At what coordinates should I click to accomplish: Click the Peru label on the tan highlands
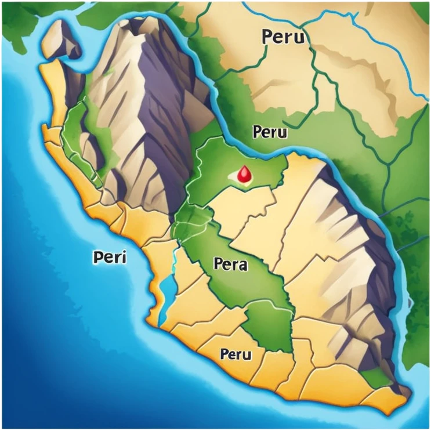[283, 37]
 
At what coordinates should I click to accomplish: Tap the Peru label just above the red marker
[270, 132]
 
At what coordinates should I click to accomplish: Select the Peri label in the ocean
[108, 257]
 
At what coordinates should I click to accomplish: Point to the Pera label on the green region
[230, 265]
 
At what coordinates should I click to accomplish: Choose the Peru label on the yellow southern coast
[236, 354]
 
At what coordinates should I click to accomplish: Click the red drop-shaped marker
[245, 172]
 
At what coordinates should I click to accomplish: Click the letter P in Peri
[97, 257]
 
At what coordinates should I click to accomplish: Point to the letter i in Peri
[124, 256]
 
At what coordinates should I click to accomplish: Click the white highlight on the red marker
[242, 171]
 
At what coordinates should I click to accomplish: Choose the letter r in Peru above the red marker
[271, 133]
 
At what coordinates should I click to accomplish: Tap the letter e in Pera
[227, 266]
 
